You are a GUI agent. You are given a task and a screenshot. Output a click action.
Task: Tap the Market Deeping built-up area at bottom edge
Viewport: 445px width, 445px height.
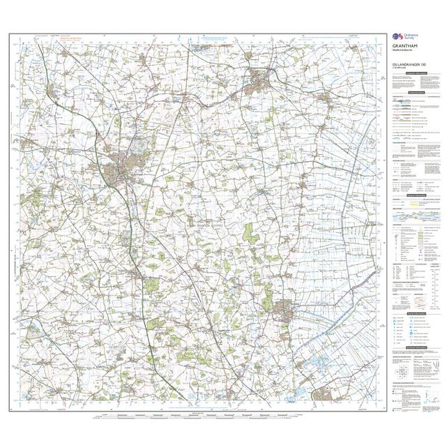pos(322,395)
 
